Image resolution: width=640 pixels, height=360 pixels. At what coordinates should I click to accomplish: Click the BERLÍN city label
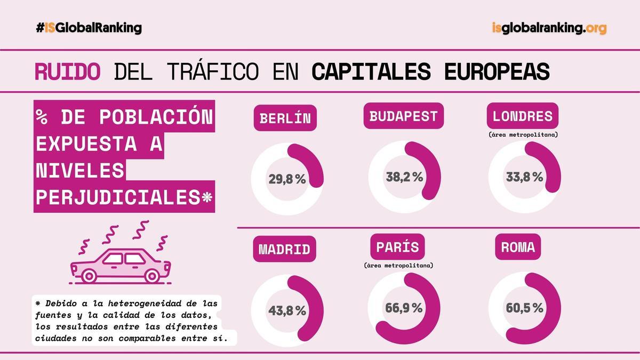285,118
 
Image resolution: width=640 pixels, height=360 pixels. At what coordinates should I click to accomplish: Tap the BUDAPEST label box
403,116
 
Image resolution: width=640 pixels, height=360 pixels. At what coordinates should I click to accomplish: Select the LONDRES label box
523,116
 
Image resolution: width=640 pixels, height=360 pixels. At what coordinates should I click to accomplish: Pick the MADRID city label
284,249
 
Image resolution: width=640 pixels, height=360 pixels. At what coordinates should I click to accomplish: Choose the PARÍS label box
397,247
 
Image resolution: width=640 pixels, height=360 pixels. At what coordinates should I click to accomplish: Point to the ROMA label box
518,247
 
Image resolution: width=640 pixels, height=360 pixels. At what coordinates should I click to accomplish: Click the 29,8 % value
287,180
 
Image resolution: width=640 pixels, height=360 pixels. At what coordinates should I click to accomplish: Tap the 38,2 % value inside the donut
404,177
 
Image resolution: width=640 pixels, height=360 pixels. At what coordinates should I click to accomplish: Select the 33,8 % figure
524,177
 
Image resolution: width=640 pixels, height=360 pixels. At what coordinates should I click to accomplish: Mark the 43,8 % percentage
287,310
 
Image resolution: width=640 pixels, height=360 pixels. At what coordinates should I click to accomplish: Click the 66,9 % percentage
404,308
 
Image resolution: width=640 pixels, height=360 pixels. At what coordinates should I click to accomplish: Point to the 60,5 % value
524,308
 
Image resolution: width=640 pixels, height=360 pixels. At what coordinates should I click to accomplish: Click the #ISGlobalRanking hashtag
89,28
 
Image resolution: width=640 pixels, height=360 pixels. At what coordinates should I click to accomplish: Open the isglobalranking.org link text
549,28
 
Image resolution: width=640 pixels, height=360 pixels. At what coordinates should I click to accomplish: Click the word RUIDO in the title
67,71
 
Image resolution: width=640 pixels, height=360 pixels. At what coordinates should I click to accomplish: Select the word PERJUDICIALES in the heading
118,197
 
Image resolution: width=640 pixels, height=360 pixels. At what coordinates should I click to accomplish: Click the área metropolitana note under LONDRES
523,135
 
